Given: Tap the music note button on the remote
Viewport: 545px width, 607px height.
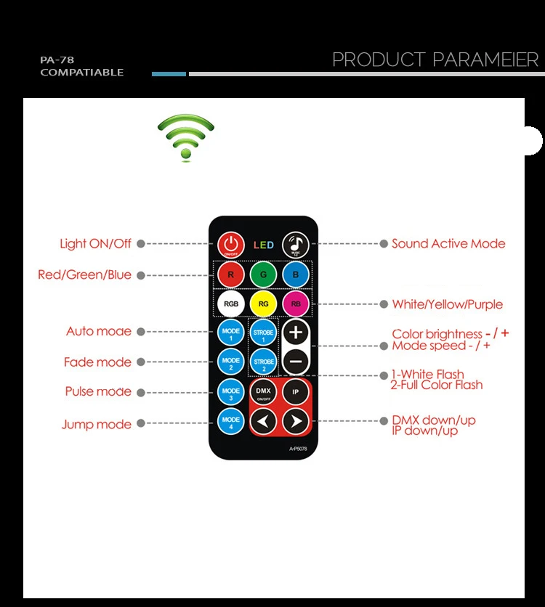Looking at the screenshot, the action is (x=296, y=244).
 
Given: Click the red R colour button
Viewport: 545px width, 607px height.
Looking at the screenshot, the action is (x=230, y=275).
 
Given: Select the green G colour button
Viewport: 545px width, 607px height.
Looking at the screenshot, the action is (x=263, y=275).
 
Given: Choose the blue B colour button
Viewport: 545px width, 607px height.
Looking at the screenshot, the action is (x=295, y=275).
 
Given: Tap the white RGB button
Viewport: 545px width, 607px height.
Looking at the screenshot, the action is (x=230, y=303).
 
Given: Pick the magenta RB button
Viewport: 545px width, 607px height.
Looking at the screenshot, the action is (x=295, y=303).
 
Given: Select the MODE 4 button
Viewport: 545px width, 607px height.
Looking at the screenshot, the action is (x=230, y=420).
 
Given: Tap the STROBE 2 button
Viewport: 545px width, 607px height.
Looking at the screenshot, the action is (x=263, y=361).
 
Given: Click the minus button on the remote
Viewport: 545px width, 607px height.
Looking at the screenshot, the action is (x=295, y=361).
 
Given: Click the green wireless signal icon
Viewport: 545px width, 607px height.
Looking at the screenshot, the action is (x=186, y=137).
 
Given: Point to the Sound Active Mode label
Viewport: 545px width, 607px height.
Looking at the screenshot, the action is (x=448, y=244).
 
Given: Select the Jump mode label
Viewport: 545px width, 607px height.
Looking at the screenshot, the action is (x=97, y=425).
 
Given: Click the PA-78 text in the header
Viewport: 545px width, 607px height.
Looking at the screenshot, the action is (x=57, y=60).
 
